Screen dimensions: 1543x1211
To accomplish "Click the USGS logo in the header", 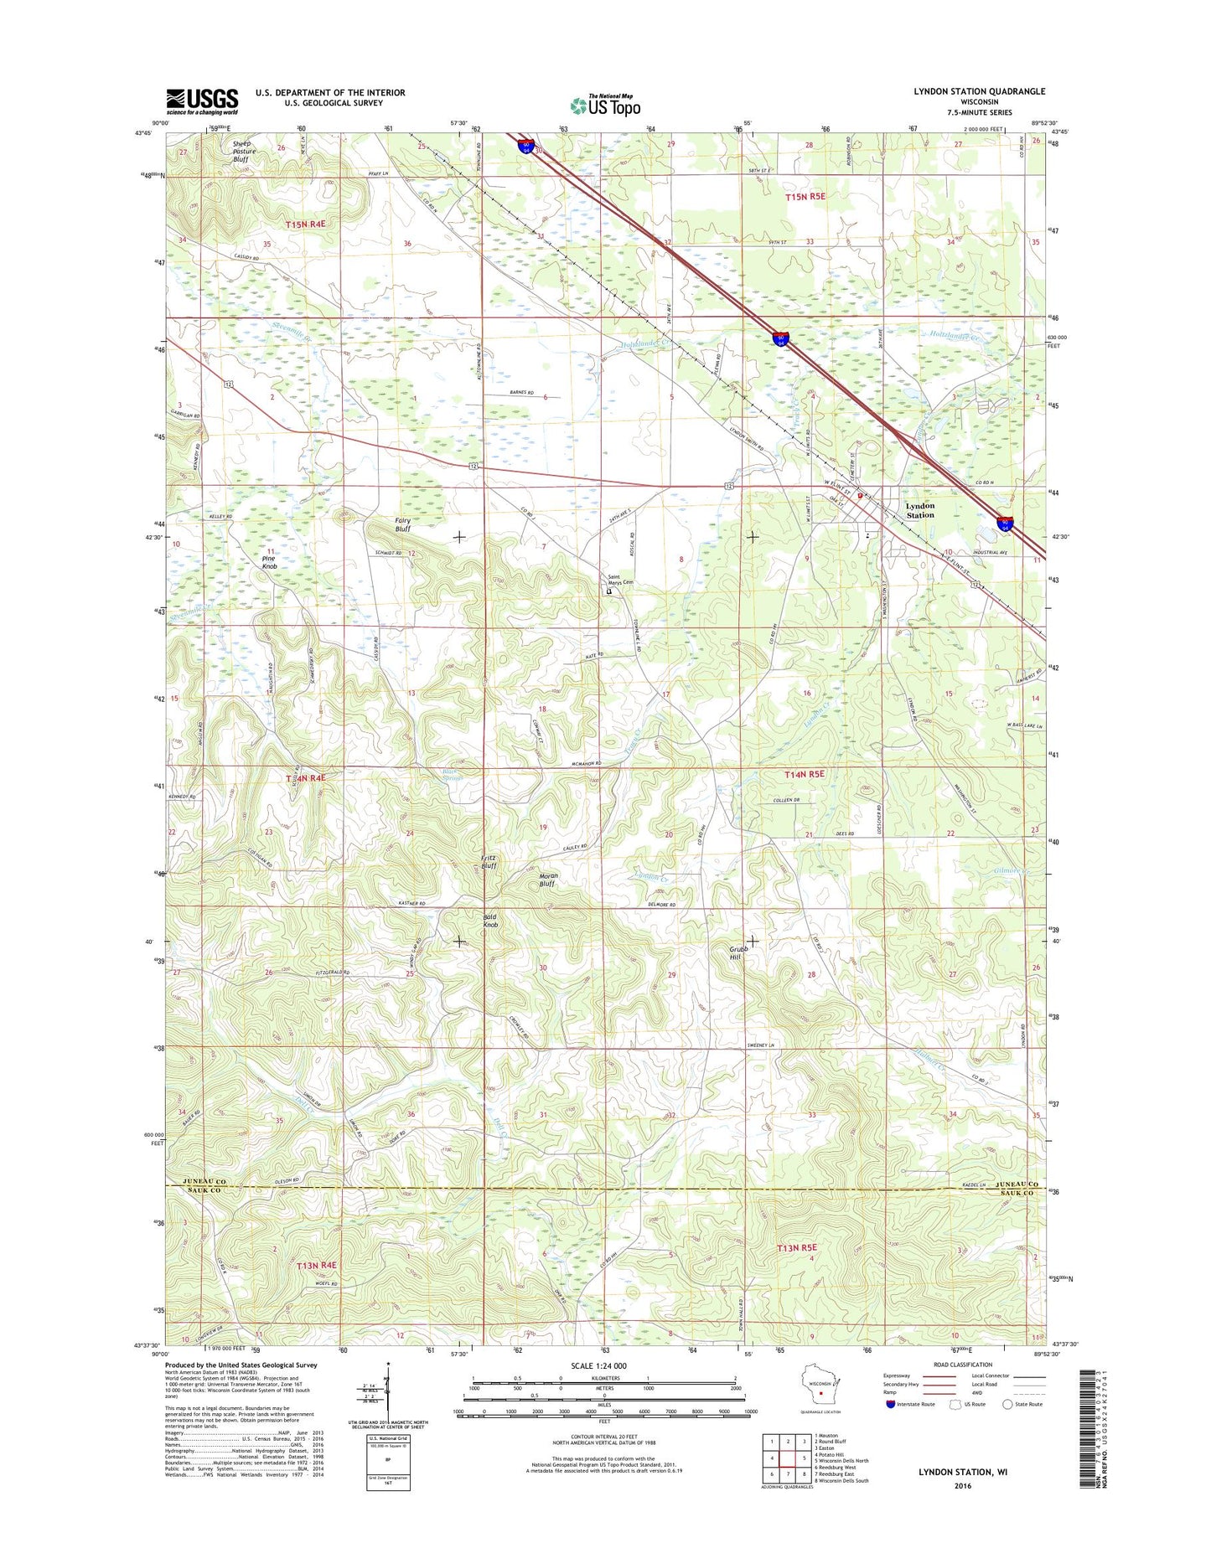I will click(201, 101).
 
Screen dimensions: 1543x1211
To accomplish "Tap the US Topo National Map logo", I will click(605, 105).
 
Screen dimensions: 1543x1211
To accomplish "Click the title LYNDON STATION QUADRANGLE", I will click(967, 91).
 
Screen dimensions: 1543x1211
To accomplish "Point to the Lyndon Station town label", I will click(919, 510).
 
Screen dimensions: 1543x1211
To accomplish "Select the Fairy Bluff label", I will click(402, 524).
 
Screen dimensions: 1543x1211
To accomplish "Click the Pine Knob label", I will click(269, 562).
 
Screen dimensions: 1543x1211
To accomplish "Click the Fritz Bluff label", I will click(489, 862).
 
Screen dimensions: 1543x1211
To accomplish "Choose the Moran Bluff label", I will click(547, 880).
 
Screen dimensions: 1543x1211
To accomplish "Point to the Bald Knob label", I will click(490, 921).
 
